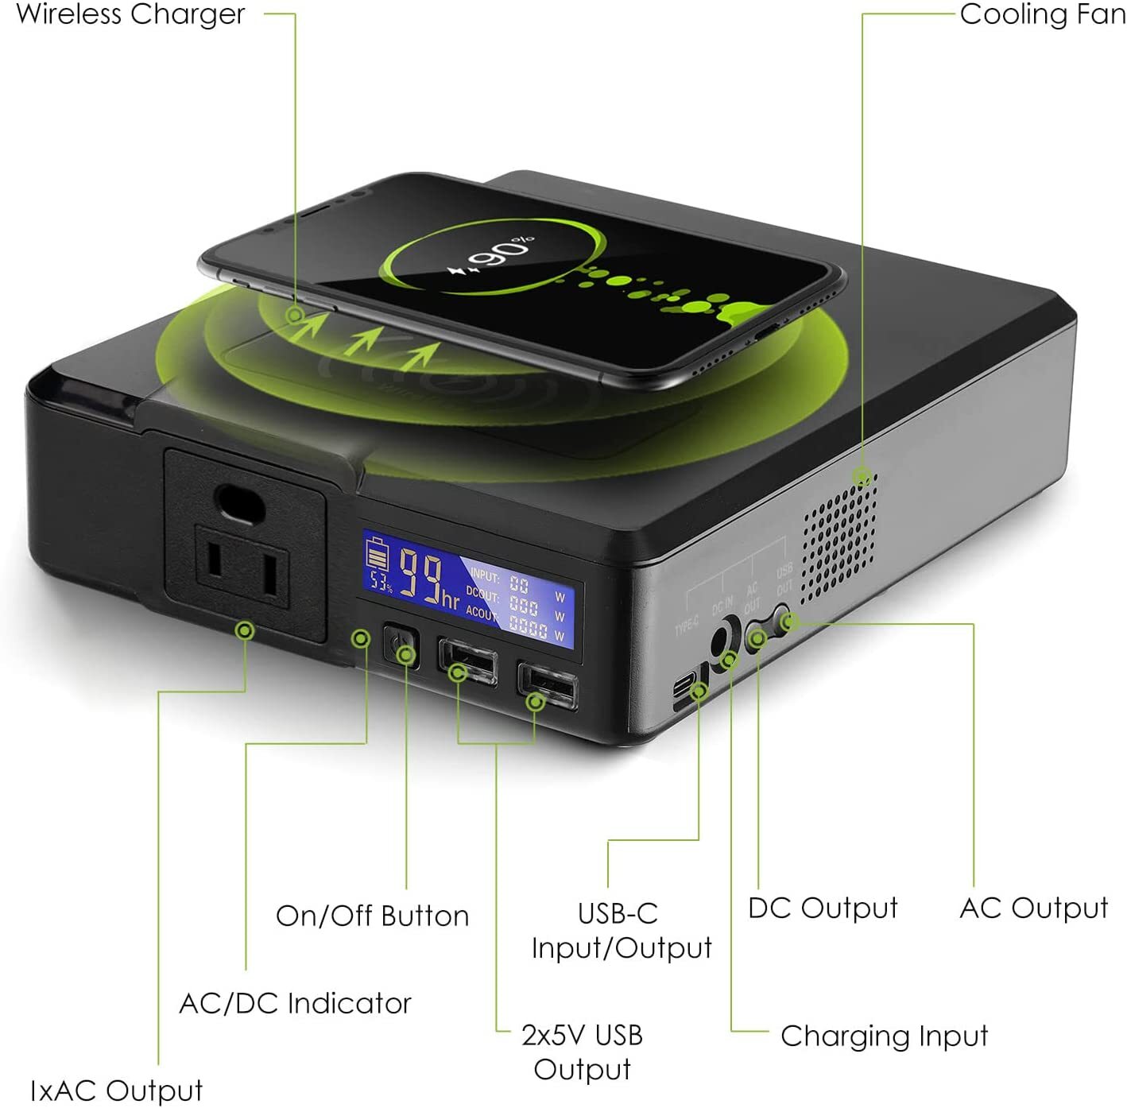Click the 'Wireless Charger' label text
click(130, 14)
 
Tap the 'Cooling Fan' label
click(1042, 14)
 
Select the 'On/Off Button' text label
click(372, 916)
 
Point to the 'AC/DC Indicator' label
click(295, 1003)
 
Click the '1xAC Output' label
click(116, 1090)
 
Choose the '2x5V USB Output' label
click(582, 1052)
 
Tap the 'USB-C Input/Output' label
click(621, 931)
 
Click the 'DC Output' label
click(823, 908)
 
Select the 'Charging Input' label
click(884, 1036)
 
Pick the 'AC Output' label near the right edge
click(1033, 908)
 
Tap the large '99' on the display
click(422, 575)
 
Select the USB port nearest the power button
click(468, 661)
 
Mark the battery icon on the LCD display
click(378, 555)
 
